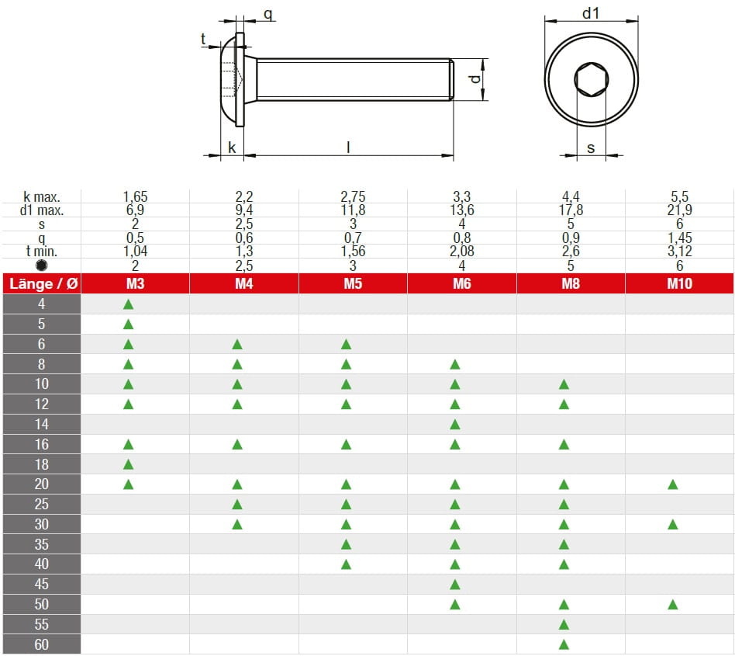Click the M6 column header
pos(461,283)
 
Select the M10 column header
pos(679,283)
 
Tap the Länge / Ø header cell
pos(43,283)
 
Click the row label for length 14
pos(42,424)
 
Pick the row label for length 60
pos(42,644)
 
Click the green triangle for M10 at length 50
pos(673,604)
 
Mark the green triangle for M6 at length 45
pos(455,584)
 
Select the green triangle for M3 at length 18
pos(129,464)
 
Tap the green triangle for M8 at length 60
pos(564,644)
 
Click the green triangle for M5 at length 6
pos(347,344)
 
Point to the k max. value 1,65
pos(135,197)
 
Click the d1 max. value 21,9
pos(679,210)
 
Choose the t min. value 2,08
pos(461,251)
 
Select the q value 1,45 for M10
pos(679,238)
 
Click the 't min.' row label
pos(42,251)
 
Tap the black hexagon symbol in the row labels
pos(42,265)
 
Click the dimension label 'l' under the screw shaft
pos(348,147)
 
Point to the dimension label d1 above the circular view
pos(591,13)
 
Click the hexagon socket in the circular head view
pos(591,80)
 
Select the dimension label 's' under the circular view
pos(591,148)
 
